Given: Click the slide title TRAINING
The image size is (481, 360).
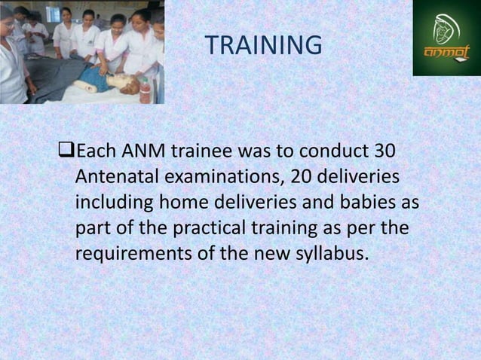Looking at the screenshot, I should tap(263, 46).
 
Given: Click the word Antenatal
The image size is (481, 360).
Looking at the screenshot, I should tap(118, 178).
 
